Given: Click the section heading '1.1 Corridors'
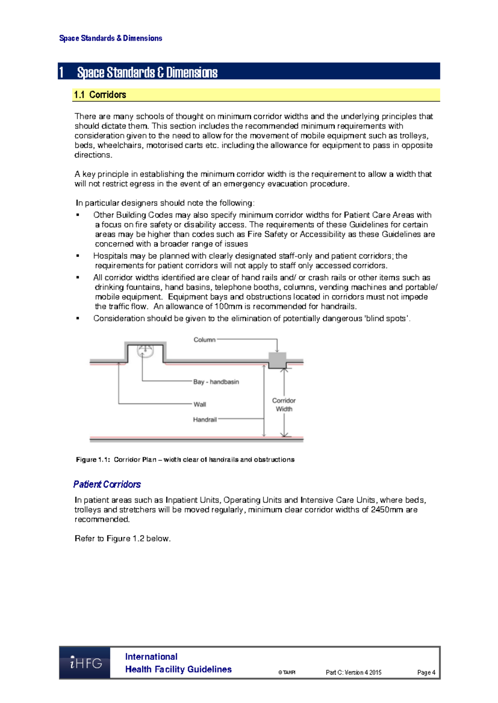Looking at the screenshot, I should click(100, 95).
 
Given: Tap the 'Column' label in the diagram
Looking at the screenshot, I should click(204, 340).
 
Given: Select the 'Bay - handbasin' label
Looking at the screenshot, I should click(216, 382).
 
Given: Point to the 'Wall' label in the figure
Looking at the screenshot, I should click(200, 404).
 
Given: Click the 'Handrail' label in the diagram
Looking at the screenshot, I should click(205, 419).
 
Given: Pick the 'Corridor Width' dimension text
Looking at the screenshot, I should click(284, 405).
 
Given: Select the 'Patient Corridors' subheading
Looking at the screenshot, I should click(107, 484).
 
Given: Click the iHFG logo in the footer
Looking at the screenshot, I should click(85, 662).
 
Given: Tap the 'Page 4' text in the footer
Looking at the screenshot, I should click(426, 672).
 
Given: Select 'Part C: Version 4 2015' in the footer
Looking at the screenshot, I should click(353, 672).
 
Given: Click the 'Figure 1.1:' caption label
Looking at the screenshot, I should click(93, 460).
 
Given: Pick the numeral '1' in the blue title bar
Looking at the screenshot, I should click(61, 73).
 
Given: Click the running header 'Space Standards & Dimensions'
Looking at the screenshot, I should click(110, 38).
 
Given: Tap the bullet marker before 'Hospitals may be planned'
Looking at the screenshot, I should click(78, 256).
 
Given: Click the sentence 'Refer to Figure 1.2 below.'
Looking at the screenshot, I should click(122, 538).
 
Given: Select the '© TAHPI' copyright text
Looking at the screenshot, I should click(287, 672).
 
